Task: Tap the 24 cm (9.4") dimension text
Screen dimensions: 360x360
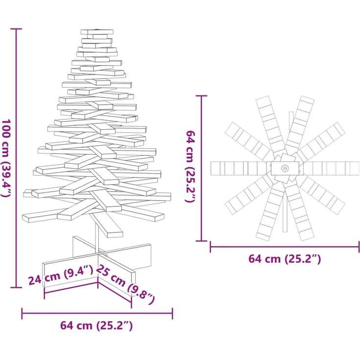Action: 60,275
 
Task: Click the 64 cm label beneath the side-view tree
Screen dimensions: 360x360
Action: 96,325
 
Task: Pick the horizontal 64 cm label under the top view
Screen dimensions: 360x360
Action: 285,259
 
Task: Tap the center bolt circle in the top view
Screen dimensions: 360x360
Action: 285,168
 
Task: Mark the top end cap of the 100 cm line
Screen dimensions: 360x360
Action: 17,29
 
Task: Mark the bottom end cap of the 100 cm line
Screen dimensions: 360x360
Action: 17,288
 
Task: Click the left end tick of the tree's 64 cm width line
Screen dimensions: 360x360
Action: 22,313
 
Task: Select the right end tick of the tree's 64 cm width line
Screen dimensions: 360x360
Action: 172,313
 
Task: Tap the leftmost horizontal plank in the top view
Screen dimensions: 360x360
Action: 240,168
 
